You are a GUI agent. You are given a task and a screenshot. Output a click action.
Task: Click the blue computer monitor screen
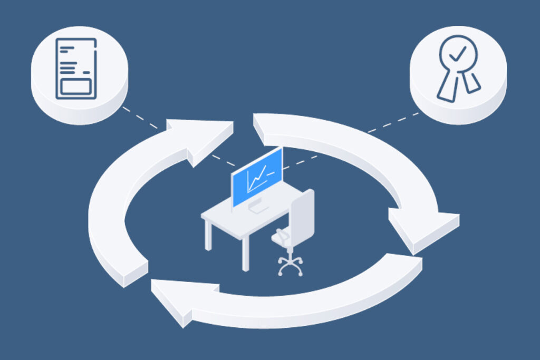[257, 177]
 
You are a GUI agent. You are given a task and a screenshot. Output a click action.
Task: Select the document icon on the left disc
[76, 69]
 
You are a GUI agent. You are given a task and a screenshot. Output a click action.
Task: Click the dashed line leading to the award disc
[390, 123]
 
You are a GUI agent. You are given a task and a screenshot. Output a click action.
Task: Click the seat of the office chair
[285, 238]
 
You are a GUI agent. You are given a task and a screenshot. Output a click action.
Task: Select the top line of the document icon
[66, 48]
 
